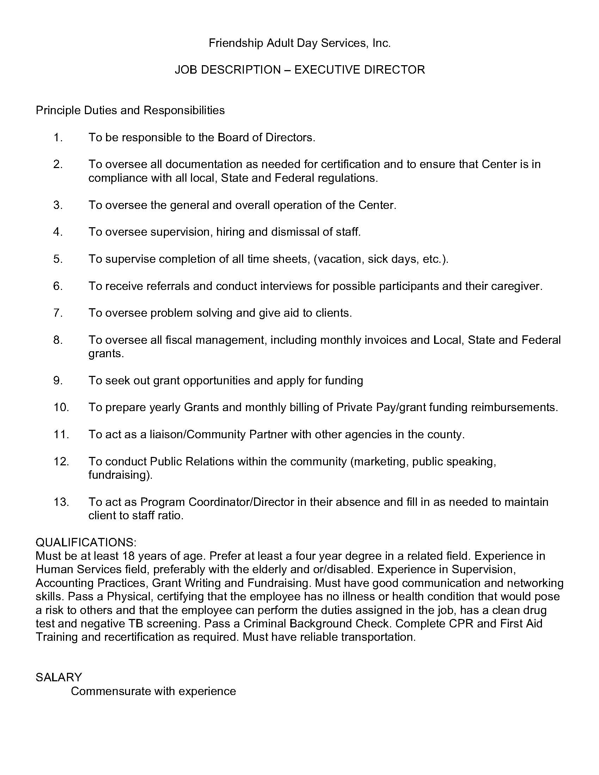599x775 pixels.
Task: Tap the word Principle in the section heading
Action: tap(58, 110)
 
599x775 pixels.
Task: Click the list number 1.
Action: tap(58, 138)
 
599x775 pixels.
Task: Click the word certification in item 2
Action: tap(360, 164)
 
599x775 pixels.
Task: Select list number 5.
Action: tap(58, 259)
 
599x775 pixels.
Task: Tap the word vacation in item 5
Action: tap(340, 259)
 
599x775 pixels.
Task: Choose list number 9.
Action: tap(58, 381)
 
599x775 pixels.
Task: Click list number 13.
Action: tap(61, 502)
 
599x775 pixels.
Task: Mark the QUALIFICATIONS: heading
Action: tap(86, 542)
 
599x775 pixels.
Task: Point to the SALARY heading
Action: tap(58, 677)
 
